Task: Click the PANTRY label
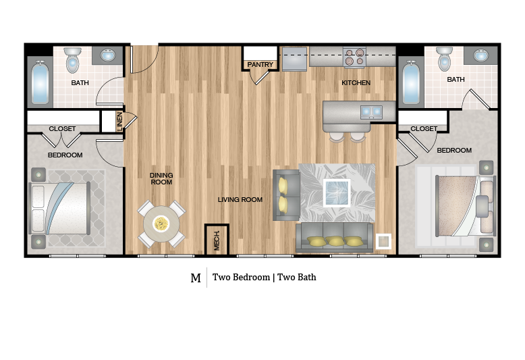coord(260,65)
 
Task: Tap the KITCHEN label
coord(356,83)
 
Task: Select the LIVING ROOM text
coord(240,200)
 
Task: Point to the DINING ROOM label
coord(161,179)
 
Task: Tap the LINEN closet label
coord(120,120)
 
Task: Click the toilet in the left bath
coord(74,60)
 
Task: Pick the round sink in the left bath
coord(109,55)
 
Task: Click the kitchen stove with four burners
coord(354,57)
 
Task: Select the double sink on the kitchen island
coord(370,110)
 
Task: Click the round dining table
coord(161,224)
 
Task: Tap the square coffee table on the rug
coord(337,192)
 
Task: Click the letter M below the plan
coord(196,278)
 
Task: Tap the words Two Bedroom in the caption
coord(241,278)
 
